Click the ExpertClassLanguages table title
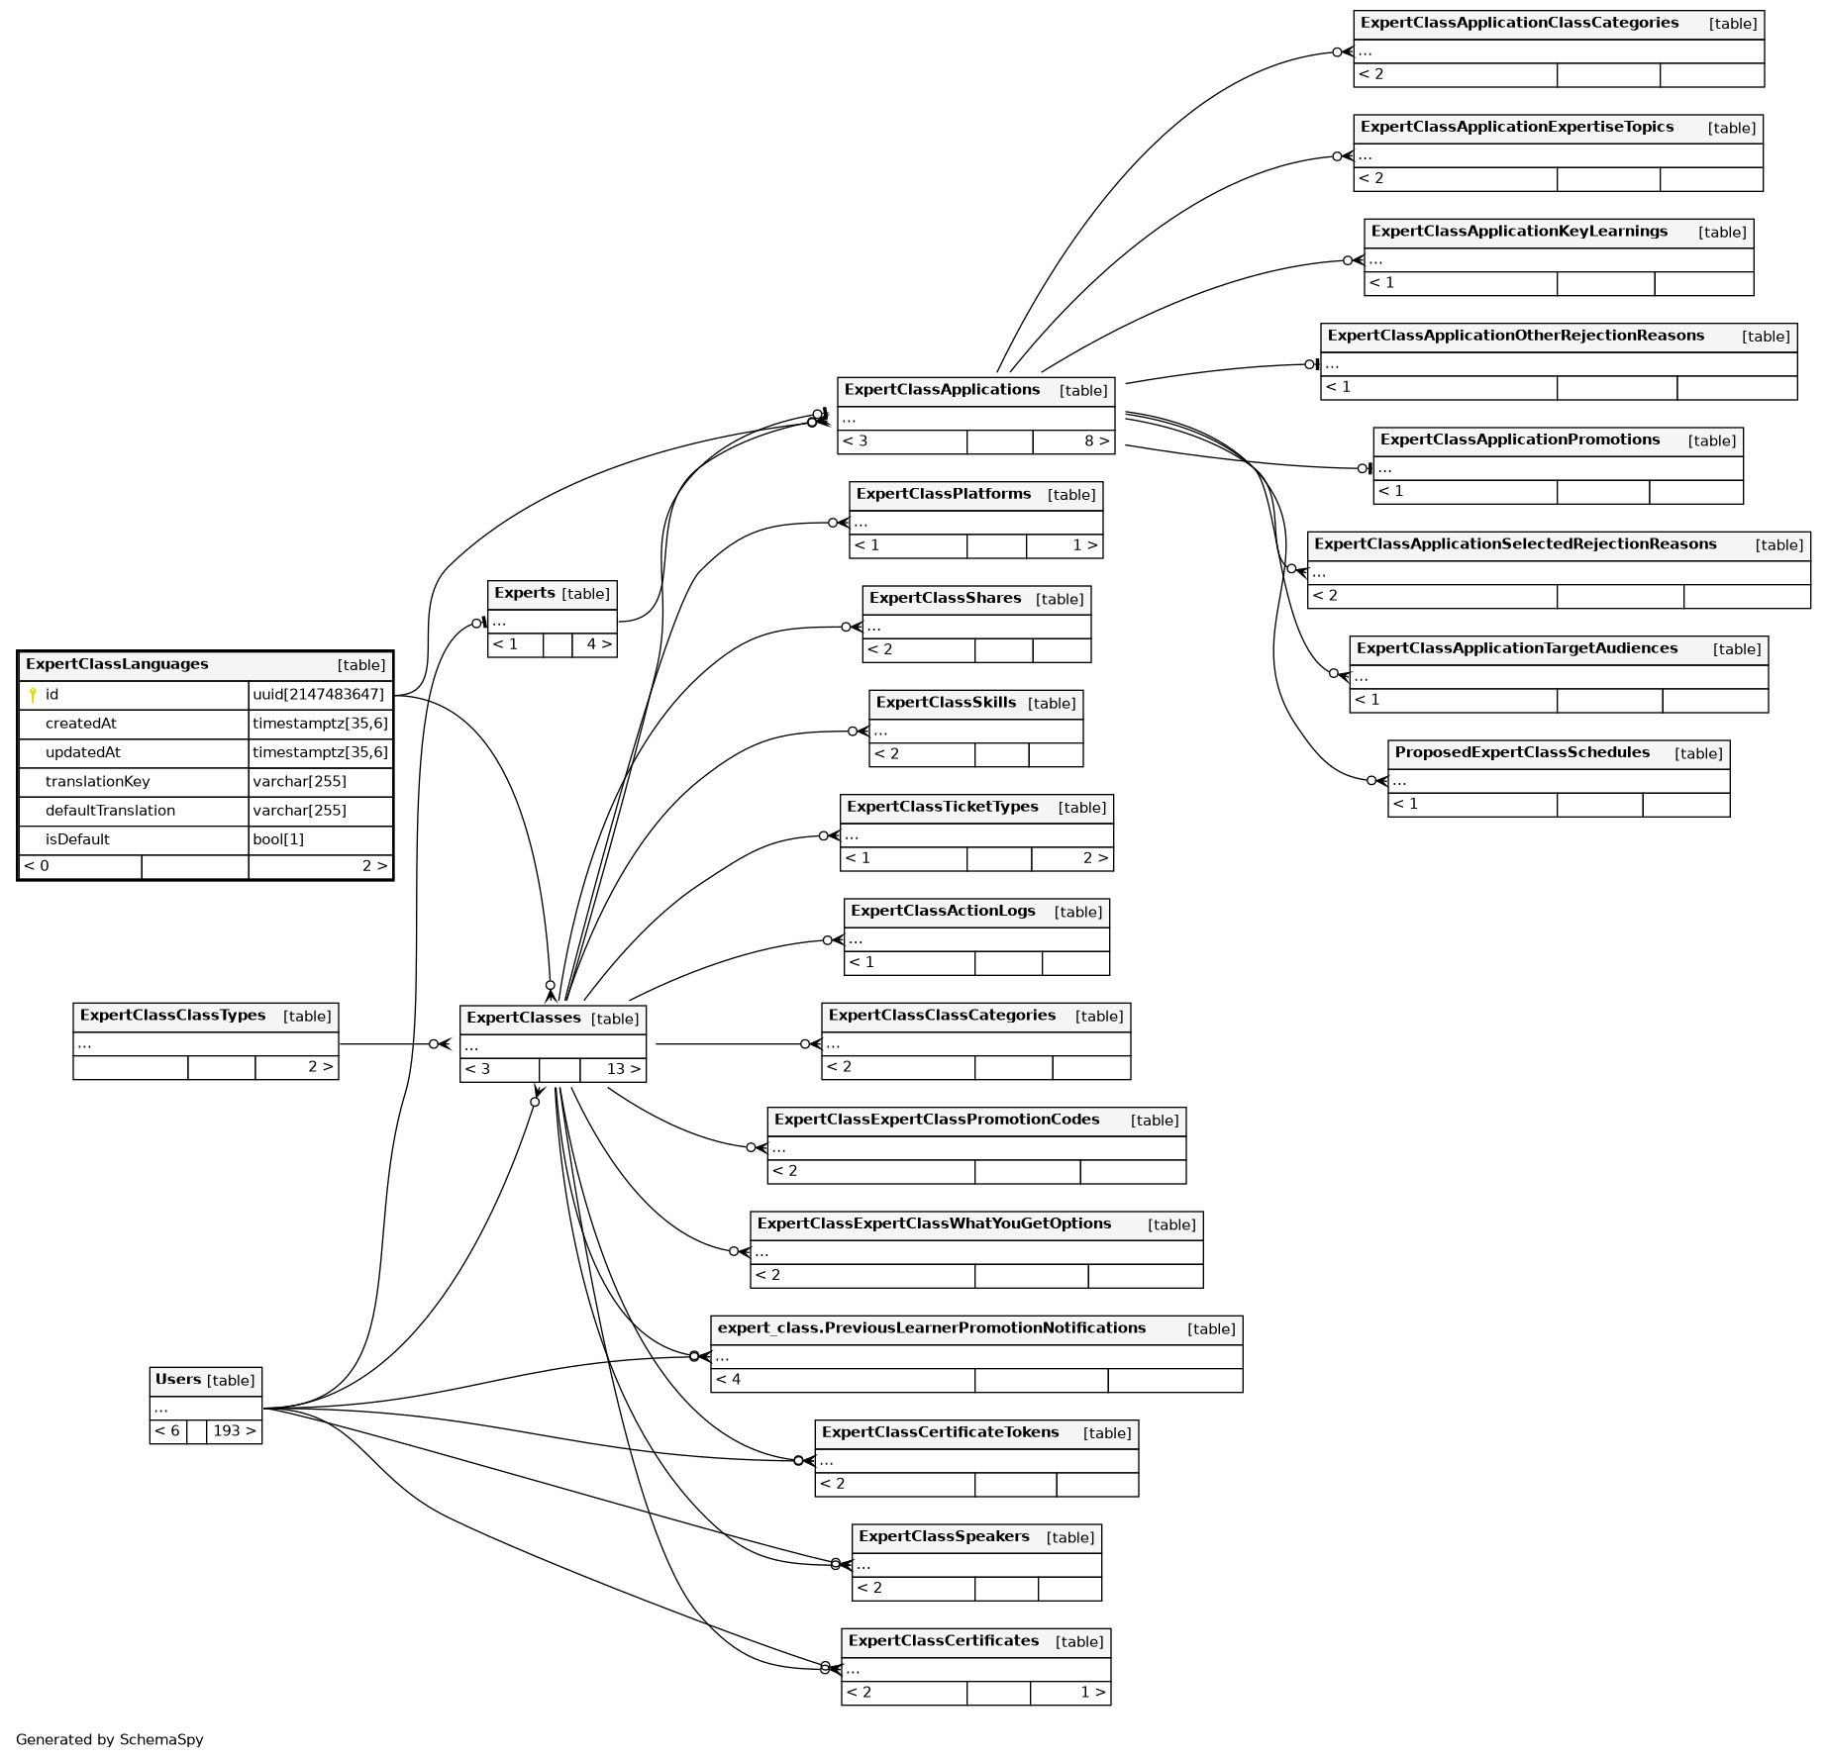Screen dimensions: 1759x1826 point(117,664)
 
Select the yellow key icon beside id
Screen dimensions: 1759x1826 point(33,695)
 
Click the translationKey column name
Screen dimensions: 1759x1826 point(97,782)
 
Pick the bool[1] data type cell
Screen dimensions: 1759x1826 point(278,839)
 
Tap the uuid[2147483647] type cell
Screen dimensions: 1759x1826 point(318,695)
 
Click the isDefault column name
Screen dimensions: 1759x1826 point(77,839)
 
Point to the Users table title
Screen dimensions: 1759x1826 point(178,1380)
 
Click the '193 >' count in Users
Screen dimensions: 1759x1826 point(235,1431)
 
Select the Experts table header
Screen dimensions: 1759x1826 point(525,593)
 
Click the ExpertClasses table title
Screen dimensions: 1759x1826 point(523,1018)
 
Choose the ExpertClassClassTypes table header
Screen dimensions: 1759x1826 point(172,1016)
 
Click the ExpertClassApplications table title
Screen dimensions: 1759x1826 point(942,390)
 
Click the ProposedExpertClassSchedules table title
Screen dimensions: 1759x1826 point(1522,752)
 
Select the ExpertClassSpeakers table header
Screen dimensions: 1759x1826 point(944,1536)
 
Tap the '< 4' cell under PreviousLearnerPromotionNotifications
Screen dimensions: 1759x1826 point(728,1380)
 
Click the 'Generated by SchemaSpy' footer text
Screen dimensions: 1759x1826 point(109,1739)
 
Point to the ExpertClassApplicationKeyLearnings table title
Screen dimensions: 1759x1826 point(1519,232)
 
